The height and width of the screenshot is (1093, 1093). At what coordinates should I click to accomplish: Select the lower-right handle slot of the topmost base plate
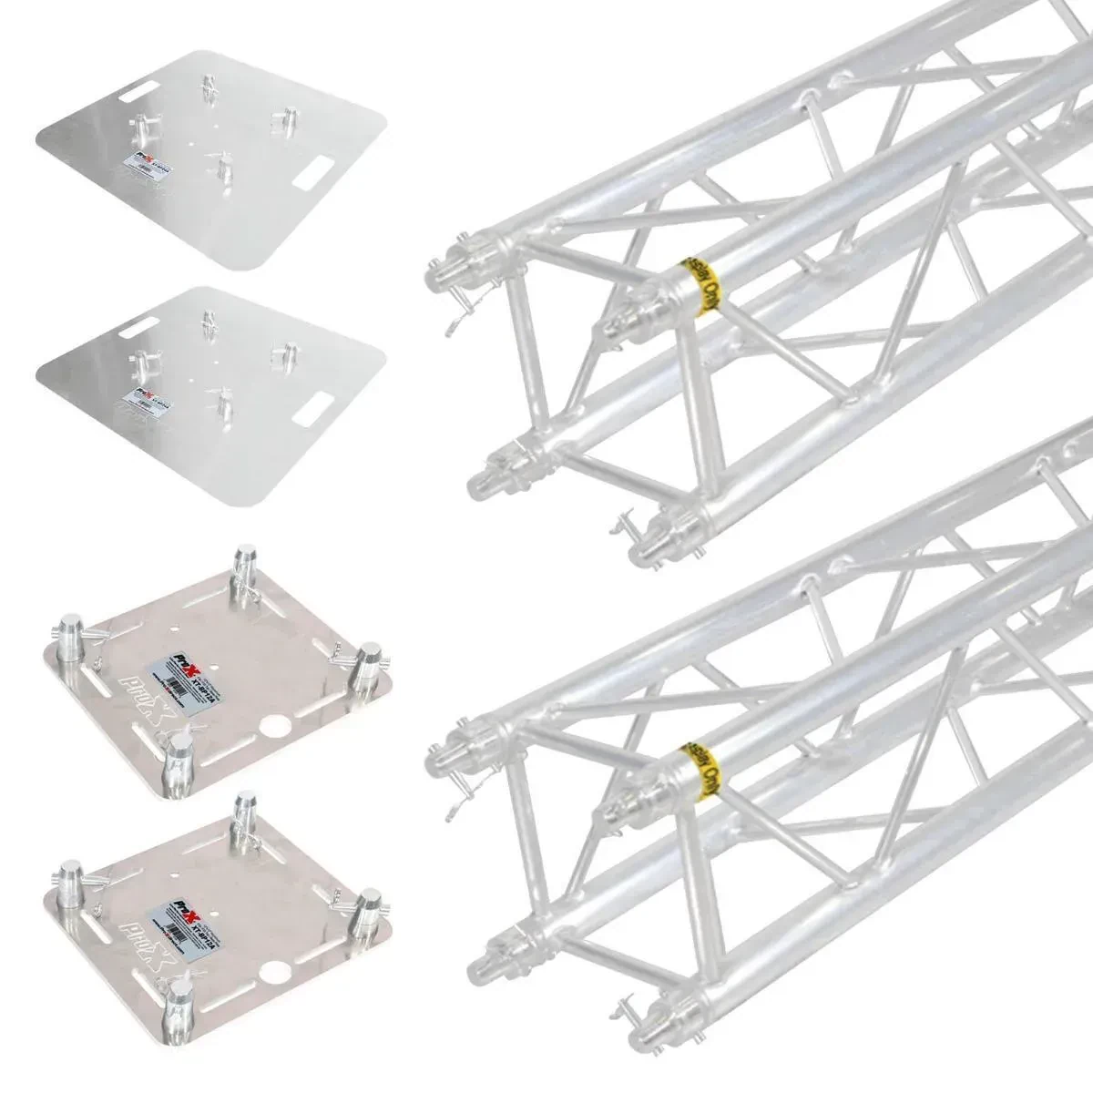tap(316, 170)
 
